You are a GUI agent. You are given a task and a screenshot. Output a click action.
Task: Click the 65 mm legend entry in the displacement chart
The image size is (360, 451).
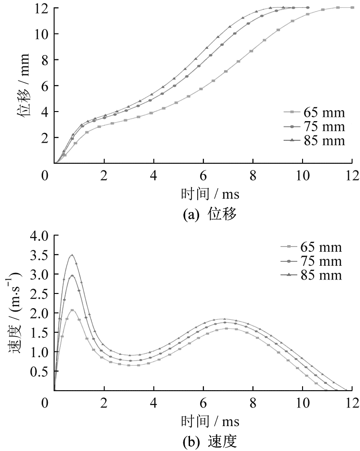314,113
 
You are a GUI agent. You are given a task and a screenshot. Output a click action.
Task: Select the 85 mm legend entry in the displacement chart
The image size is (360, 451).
314,141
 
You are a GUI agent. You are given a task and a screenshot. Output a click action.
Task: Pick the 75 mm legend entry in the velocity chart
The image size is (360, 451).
311,261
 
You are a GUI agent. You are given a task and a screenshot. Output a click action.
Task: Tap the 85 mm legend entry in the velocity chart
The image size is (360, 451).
311,275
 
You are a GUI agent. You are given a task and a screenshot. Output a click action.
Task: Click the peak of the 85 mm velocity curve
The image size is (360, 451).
72,255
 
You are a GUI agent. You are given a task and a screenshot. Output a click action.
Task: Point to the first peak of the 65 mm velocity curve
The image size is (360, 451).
72,310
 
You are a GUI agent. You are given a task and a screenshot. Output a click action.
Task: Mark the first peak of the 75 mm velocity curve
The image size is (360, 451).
72,276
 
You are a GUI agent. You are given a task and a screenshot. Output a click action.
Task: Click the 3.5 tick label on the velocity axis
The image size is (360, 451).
41,255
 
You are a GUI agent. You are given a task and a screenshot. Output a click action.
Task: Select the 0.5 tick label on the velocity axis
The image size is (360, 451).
41,371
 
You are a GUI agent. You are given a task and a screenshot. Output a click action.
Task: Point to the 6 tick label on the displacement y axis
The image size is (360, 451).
45,86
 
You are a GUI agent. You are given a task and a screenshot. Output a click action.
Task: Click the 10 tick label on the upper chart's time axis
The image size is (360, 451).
303,175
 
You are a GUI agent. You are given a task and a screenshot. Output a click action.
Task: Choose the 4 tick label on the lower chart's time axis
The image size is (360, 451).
154,403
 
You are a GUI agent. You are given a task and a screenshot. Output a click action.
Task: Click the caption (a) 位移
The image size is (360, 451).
210,214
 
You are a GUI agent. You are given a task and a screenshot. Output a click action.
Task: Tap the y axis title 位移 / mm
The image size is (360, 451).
24,85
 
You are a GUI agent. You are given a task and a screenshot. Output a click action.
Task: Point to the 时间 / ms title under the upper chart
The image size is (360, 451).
210,194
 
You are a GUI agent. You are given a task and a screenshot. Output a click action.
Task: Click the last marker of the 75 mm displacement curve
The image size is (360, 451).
308,8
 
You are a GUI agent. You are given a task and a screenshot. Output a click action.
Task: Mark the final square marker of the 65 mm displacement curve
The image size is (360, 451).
352,8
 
